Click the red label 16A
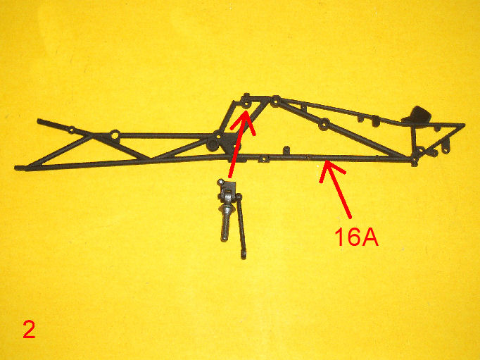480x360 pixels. click(x=356, y=237)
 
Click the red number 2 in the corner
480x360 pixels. click(x=29, y=329)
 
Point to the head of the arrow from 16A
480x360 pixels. click(x=326, y=163)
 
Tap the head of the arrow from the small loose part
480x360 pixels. click(x=245, y=113)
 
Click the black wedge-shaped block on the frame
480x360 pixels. click(x=417, y=115)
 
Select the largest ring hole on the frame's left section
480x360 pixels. click(x=115, y=135)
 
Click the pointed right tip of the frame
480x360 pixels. click(x=465, y=125)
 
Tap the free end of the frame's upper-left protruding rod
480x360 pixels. click(x=39, y=121)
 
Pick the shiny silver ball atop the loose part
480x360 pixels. click(x=220, y=182)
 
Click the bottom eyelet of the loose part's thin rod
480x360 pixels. click(x=244, y=256)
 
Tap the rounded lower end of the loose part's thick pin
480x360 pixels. click(x=224, y=238)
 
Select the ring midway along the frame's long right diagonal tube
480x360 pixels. click(x=324, y=124)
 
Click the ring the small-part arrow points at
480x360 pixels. click(x=246, y=105)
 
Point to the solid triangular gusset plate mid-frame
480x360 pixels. click(x=229, y=144)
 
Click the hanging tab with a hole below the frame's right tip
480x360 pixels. click(x=446, y=148)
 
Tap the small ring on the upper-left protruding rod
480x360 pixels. click(x=71, y=130)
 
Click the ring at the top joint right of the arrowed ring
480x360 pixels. click(x=276, y=101)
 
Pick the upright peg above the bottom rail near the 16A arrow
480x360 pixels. click(x=286, y=150)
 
